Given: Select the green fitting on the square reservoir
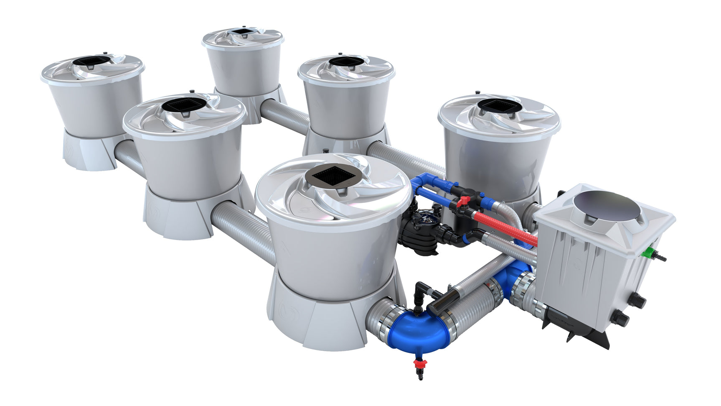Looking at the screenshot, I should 649,253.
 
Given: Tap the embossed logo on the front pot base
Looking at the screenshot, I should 288,312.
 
